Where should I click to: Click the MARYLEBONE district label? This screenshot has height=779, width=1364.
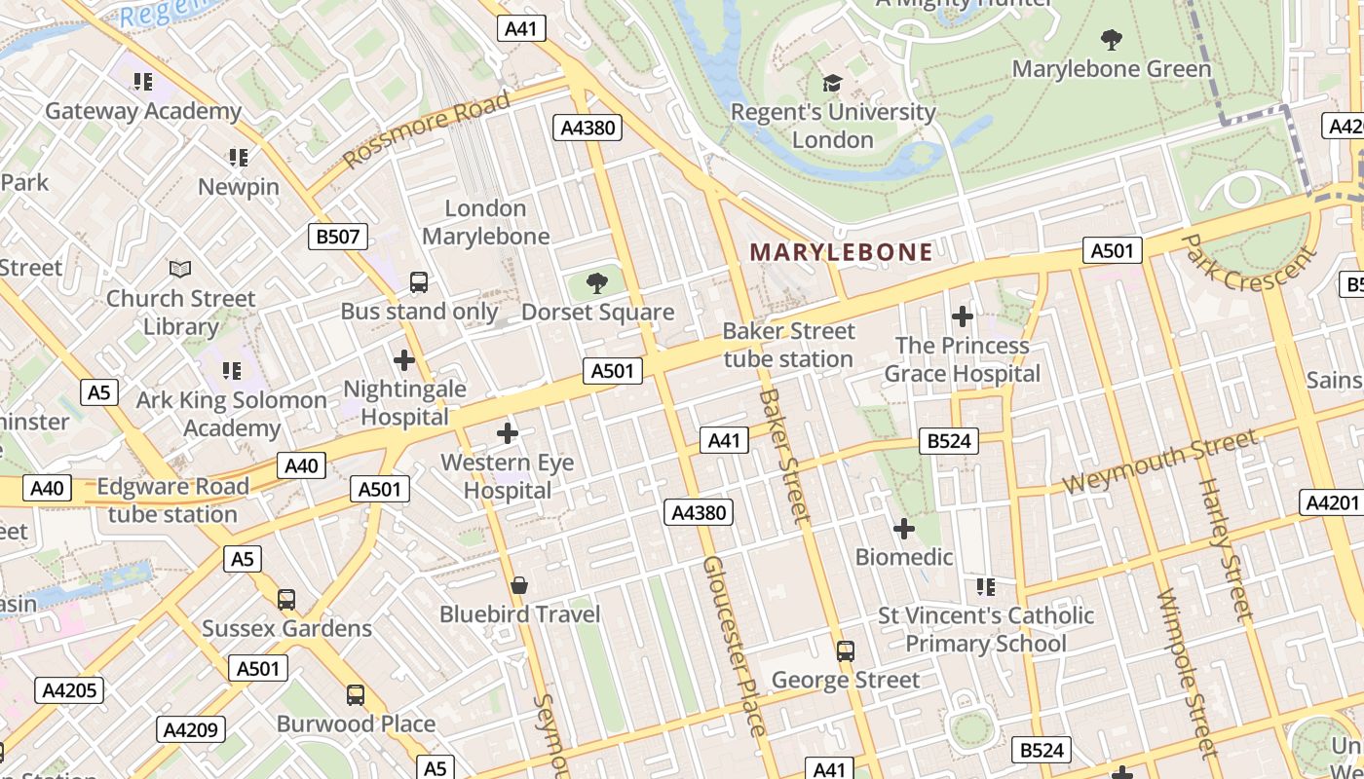(x=841, y=252)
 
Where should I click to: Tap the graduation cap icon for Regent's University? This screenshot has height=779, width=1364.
(x=832, y=83)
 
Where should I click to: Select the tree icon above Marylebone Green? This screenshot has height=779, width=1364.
(x=1111, y=40)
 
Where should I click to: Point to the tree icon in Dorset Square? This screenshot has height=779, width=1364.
(x=597, y=283)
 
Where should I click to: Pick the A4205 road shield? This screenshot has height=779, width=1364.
(x=69, y=690)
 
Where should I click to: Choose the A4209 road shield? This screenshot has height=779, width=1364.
(x=192, y=729)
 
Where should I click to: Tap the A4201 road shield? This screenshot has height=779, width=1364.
(x=1331, y=502)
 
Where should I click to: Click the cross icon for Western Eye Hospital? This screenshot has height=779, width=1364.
(x=507, y=433)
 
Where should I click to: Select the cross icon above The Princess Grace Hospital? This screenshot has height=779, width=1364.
(x=963, y=316)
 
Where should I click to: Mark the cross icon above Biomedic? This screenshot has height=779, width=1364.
(x=904, y=529)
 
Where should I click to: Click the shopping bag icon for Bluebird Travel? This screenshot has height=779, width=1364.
(x=519, y=585)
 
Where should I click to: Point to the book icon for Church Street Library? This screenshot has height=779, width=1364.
(x=180, y=269)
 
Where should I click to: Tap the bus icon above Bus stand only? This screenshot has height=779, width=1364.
(x=419, y=282)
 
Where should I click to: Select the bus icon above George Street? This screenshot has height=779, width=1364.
(x=846, y=650)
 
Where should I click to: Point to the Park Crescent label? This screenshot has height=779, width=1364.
(x=1249, y=261)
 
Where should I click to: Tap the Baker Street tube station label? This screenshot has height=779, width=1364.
(x=788, y=345)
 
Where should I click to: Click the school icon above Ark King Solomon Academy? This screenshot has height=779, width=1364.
(x=232, y=371)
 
